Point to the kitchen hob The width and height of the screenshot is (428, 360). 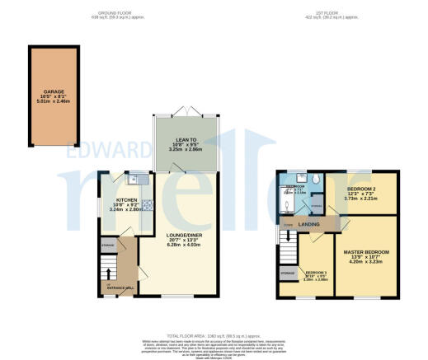[x=148, y=207]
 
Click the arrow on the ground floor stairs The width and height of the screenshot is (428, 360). [x=106, y=269]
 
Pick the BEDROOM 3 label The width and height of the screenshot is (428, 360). [x=317, y=274]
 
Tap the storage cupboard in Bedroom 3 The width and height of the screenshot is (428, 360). [x=288, y=271]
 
